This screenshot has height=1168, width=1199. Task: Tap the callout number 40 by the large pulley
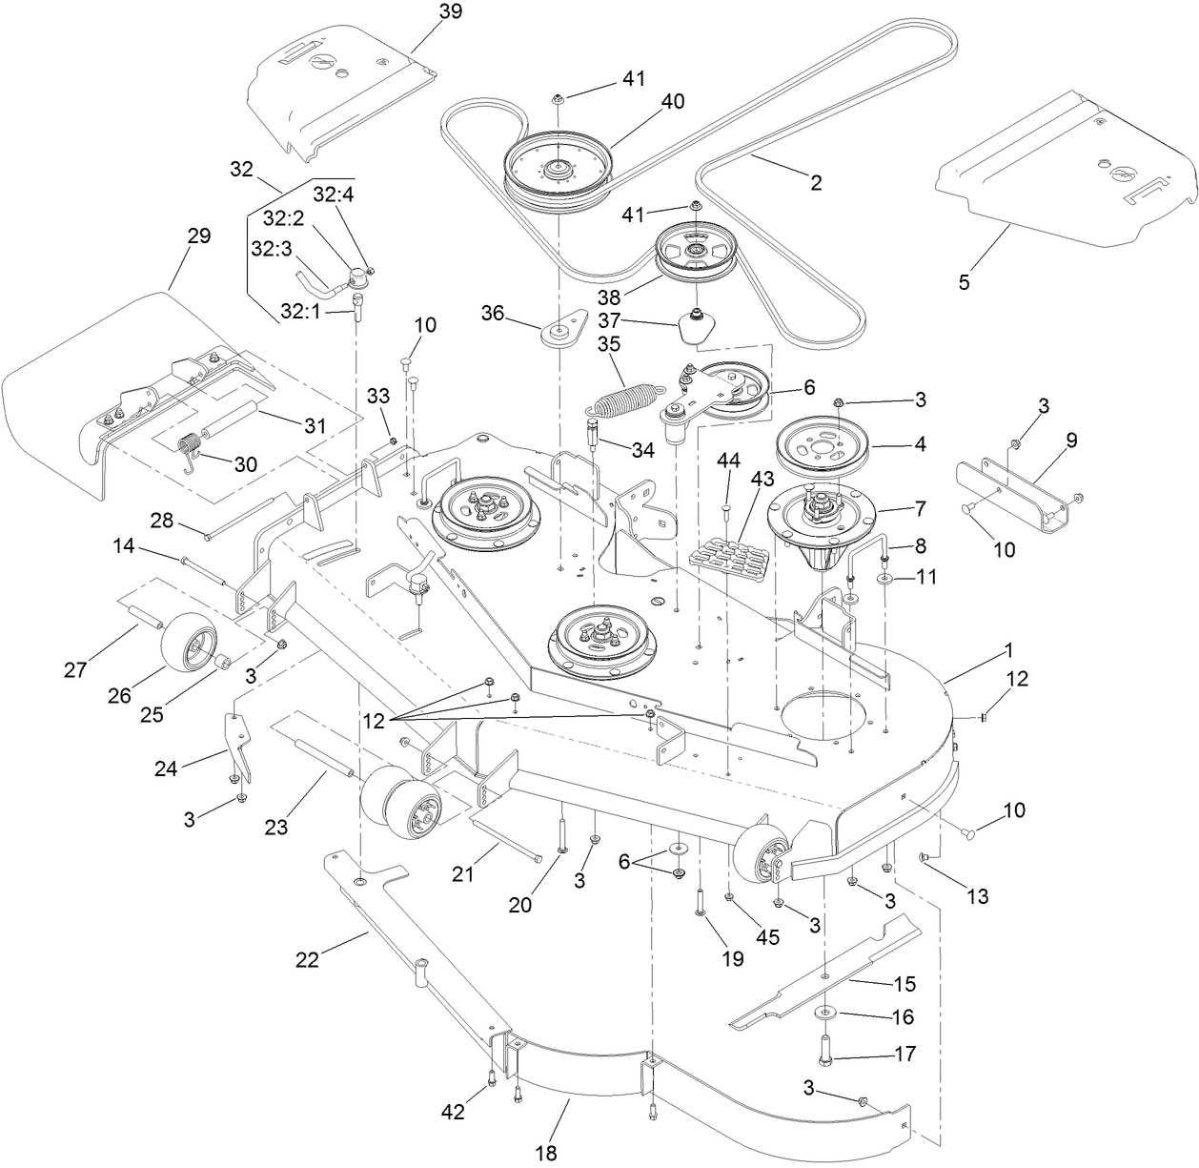click(x=672, y=101)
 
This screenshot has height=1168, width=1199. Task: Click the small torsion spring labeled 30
click(x=193, y=446)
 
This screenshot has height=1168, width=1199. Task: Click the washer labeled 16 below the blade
click(x=823, y=1012)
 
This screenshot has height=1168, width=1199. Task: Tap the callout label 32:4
click(x=333, y=195)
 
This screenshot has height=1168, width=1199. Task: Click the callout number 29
click(x=198, y=236)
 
